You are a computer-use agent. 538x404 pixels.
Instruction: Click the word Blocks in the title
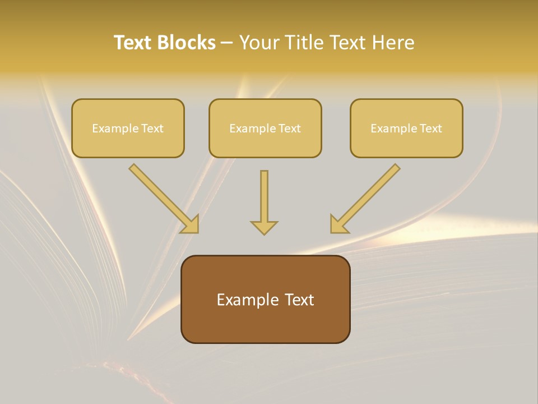(186, 43)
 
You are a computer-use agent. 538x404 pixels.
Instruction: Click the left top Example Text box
(128, 128)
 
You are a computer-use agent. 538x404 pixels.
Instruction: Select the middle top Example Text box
(265, 128)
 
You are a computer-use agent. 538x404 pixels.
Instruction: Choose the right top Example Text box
(406, 128)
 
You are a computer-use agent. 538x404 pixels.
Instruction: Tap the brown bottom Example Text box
(265, 299)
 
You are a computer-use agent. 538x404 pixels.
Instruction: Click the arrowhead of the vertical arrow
(264, 227)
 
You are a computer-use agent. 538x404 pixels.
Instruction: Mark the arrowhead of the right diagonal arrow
(338, 224)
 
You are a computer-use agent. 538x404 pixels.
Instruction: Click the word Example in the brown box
(247, 300)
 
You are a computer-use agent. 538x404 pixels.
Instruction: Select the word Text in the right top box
(430, 128)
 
